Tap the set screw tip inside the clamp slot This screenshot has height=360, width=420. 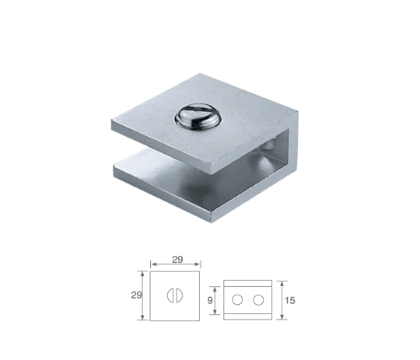tap(270, 145)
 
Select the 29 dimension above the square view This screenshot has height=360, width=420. tap(177, 259)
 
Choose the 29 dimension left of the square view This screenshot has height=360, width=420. tap(136, 295)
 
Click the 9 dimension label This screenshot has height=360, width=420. tap(210, 300)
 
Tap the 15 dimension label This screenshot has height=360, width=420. tap(289, 300)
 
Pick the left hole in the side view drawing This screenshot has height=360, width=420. tap(237, 299)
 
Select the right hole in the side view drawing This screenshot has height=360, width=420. tap(258, 299)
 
